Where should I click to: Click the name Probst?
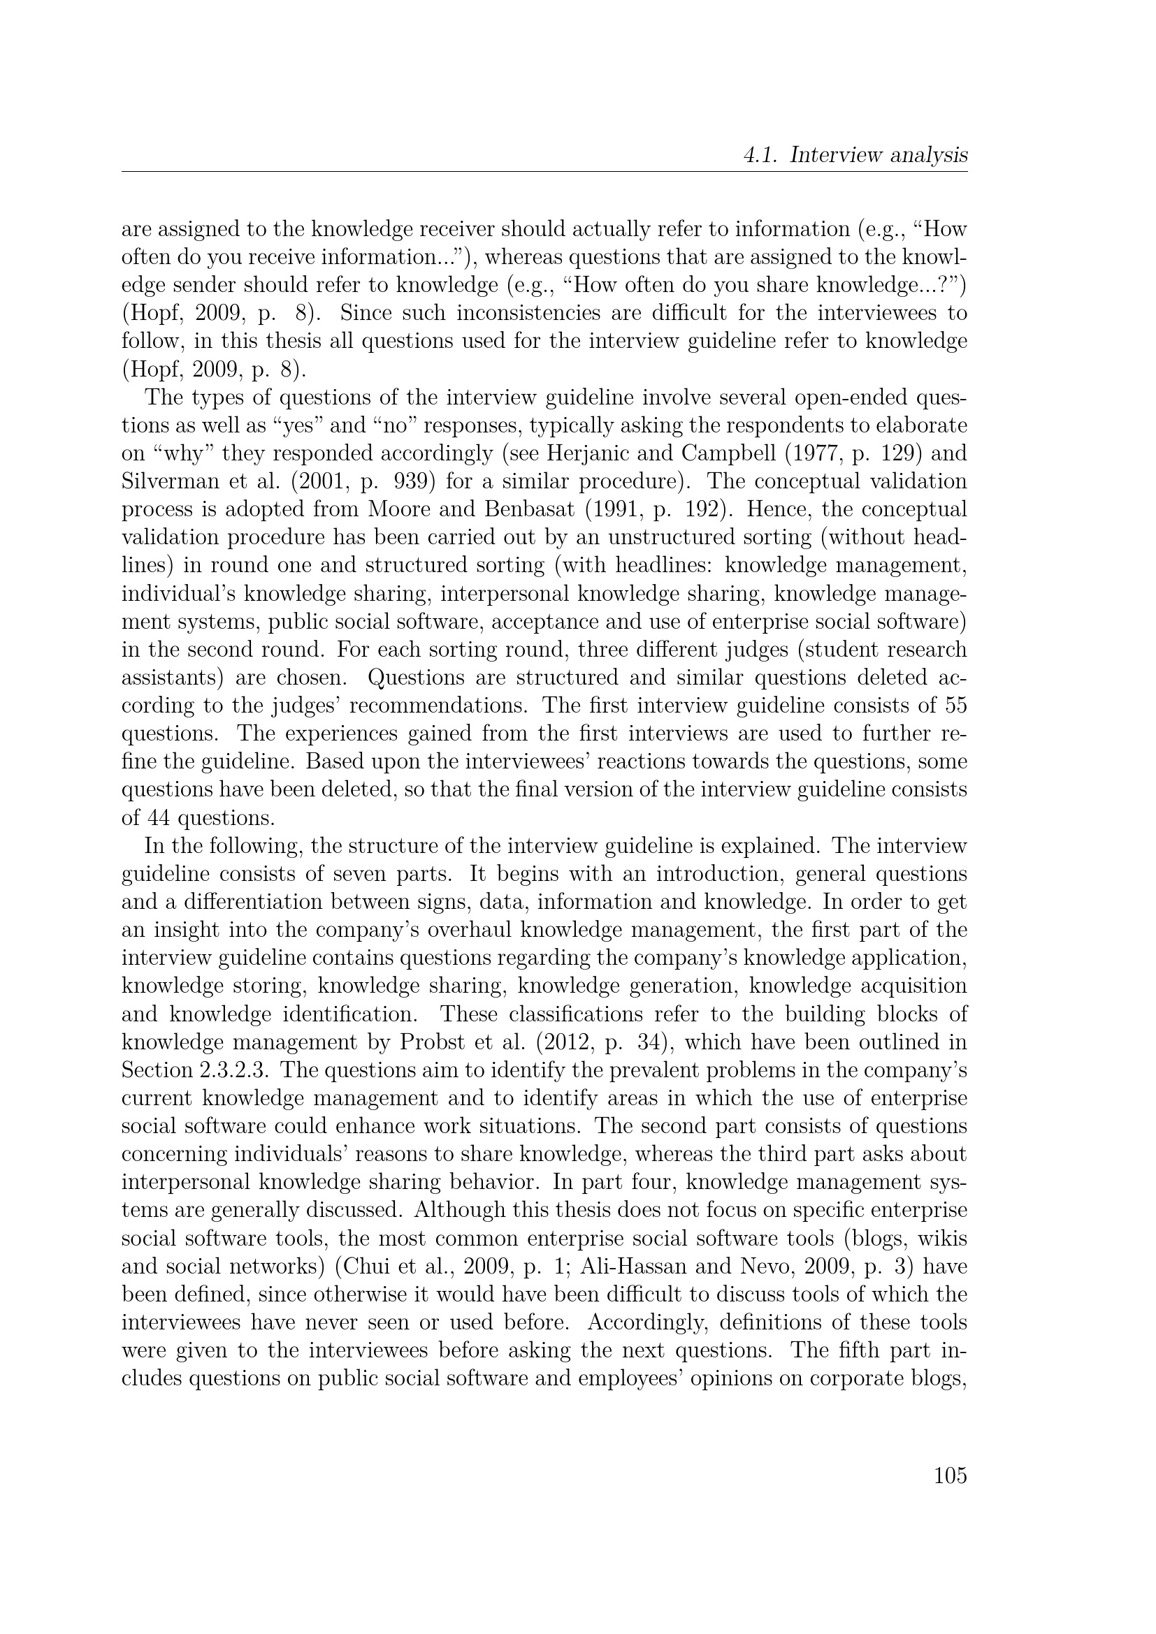coord(429,1042)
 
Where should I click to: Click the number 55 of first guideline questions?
coord(955,706)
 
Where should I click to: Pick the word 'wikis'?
coord(942,1239)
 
